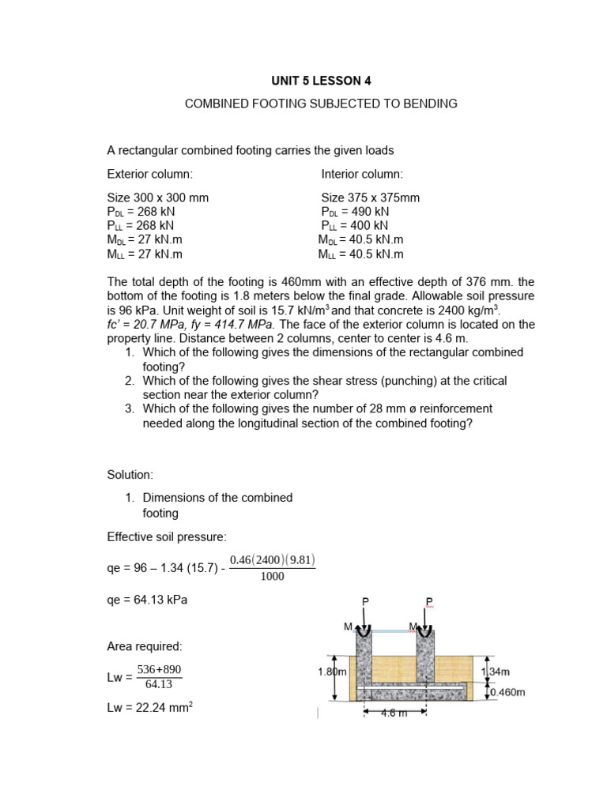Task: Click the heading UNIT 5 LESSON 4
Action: (x=320, y=81)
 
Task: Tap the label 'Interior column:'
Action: (x=362, y=174)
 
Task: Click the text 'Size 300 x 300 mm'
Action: (x=158, y=198)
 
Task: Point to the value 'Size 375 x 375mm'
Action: (x=370, y=198)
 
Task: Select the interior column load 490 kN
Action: (x=369, y=212)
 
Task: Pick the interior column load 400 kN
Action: (x=368, y=226)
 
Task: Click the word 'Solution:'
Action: (x=130, y=474)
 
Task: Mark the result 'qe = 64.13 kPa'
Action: (x=148, y=600)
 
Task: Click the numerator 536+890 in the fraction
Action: (x=159, y=669)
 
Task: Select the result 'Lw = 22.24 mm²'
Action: (x=150, y=709)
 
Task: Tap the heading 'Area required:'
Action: (x=145, y=646)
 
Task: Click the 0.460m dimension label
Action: (x=507, y=692)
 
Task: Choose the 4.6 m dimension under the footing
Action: (x=394, y=713)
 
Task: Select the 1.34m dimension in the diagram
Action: (x=497, y=672)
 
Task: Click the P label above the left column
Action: (x=365, y=602)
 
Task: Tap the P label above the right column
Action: (x=429, y=602)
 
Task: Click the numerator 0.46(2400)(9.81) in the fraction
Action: (x=273, y=561)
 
